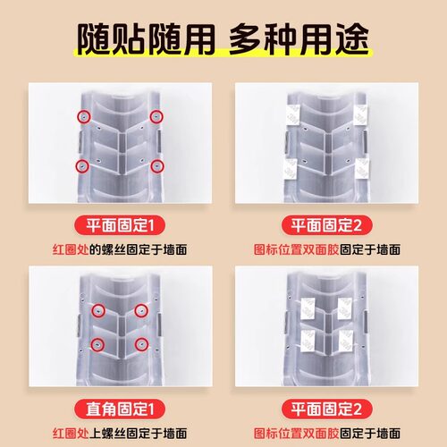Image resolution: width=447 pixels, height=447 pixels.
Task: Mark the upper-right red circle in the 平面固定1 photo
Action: point(156,116)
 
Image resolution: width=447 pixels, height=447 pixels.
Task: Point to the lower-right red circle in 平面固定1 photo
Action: point(156,165)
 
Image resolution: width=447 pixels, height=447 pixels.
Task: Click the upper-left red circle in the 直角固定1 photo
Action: point(97,310)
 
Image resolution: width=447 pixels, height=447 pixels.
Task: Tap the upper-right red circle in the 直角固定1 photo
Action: point(141,310)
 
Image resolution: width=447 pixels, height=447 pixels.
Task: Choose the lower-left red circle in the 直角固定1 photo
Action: point(97,343)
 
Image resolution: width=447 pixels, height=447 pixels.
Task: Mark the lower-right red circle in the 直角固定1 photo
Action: point(141,343)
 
